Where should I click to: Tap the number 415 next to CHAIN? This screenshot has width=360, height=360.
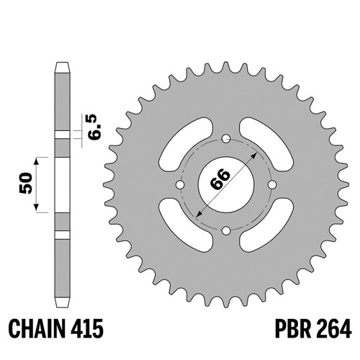(88, 328)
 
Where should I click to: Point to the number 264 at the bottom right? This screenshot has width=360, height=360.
(333, 328)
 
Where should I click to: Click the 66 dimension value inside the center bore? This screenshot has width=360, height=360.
(220, 179)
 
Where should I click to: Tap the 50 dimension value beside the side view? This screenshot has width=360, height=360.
(26, 183)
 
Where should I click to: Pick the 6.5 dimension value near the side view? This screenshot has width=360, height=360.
(94, 127)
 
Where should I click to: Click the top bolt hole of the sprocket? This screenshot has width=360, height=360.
(226, 138)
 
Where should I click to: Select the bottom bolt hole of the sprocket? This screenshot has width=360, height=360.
(226, 231)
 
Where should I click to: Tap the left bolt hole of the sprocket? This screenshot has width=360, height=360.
(180, 185)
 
